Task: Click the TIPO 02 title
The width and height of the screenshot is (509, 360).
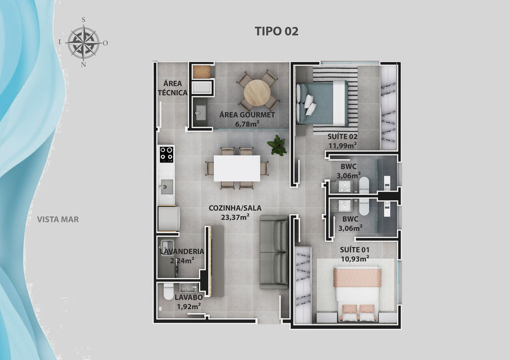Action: coord(276,31)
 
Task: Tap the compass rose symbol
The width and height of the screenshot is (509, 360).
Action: coord(84,42)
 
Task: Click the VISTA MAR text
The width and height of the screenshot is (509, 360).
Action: coord(58,219)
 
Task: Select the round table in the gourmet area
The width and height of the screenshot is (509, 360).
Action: coord(257,93)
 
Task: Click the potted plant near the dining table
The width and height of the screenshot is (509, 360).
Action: coord(277,145)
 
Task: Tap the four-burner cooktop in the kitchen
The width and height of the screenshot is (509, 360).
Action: coord(167,154)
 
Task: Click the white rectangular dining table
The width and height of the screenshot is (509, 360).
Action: coord(237,168)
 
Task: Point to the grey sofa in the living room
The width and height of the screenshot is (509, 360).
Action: coord(274,252)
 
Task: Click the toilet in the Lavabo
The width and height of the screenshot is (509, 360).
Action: coord(169,291)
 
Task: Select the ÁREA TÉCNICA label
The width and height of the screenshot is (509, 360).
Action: coord(172,88)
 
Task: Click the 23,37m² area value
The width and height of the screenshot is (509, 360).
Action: coord(235,217)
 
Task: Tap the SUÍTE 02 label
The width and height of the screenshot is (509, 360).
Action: coord(342,136)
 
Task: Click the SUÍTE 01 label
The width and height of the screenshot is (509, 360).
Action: coord(354,250)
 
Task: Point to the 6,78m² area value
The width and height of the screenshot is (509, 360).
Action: coord(247,124)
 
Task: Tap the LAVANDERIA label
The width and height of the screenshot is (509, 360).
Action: coord(181,251)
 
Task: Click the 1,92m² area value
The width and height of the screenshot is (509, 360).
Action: coord(188,306)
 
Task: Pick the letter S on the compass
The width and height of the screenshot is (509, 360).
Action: coord(84,20)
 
